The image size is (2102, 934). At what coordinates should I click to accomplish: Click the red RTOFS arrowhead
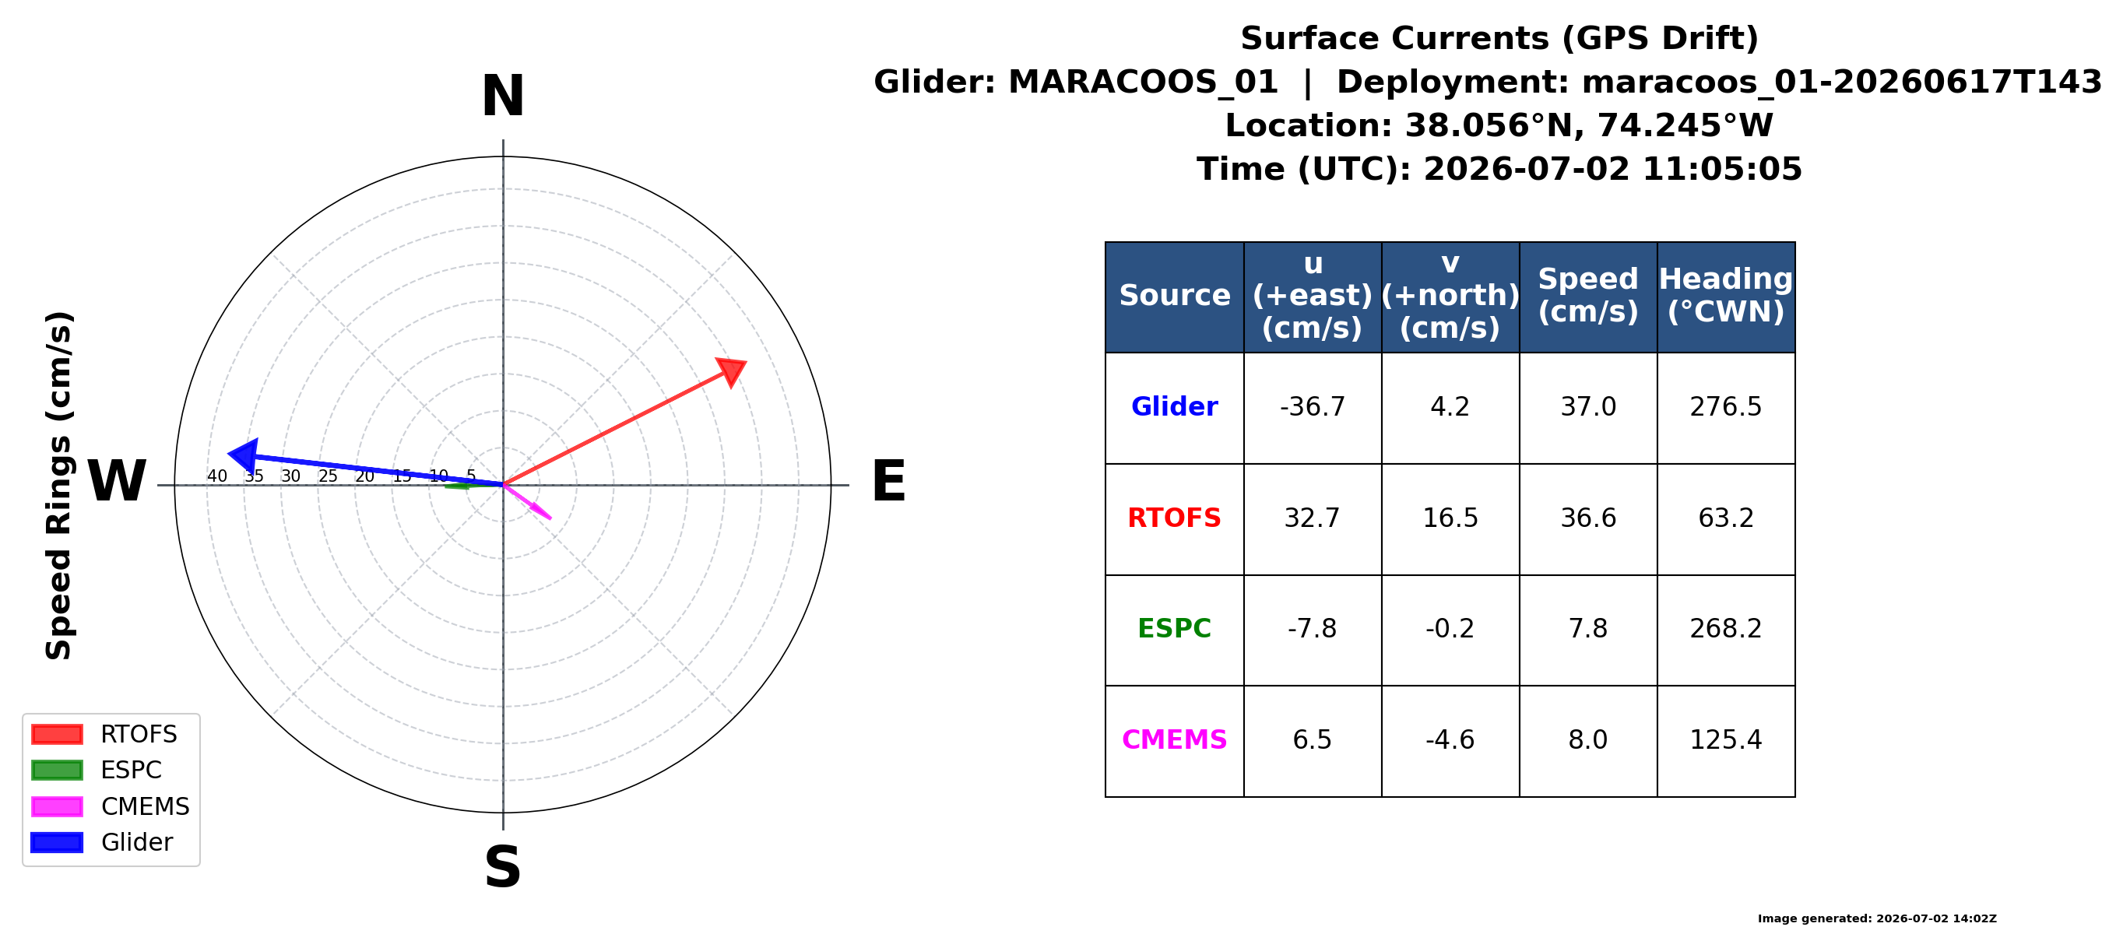731,370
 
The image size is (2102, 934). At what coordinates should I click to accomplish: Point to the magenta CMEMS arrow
527,502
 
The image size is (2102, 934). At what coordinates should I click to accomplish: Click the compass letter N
503,97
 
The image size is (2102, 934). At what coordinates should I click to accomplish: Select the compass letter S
503,866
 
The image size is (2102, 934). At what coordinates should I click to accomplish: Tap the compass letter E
888,481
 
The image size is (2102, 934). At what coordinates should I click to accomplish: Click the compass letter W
117,481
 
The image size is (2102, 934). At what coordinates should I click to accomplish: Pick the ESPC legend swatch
57,770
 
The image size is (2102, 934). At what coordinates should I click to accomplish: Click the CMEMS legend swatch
57,807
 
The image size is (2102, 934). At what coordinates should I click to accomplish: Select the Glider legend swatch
57,843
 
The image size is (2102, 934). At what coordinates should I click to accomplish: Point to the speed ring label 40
217,476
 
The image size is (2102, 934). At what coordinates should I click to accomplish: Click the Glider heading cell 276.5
1726,407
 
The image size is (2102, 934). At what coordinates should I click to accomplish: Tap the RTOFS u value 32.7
1312,518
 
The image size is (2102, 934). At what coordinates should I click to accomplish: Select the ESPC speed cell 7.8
1588,629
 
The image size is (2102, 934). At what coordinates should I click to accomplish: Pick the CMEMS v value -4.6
1450,740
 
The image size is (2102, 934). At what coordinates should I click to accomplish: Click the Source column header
1174,295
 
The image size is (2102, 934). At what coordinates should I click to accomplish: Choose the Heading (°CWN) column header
1726,295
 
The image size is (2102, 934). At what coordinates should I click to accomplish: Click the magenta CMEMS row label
1174,740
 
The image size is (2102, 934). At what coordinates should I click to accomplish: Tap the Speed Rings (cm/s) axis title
58,486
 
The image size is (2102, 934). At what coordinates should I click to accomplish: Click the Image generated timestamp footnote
1877,918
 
